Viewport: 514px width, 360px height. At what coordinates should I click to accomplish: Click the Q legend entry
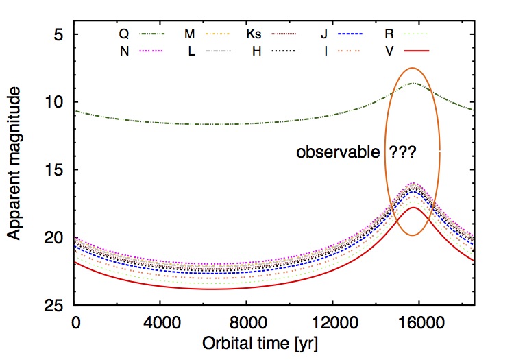pyautogui.click(x=142, y=34)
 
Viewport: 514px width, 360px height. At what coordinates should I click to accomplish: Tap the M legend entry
pyautogui.click(x=206, y=34)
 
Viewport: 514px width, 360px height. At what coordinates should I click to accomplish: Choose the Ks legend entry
pyautogui.click(x=271, y=34)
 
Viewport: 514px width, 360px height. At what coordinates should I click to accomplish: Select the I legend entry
pyautogui.click(x=342, y=51)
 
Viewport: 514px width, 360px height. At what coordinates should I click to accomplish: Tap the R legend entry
pyautogui.click(x=406, y=34)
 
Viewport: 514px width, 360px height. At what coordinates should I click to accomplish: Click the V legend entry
pyautogui.click(x=407, y=51)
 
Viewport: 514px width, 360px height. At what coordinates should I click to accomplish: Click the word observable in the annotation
pyautogui.click(x=338, y=152)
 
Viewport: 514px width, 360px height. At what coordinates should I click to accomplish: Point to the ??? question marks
pyautogui.click(x=402, y=152)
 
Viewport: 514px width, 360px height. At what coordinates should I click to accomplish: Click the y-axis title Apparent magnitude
pyautogui.click(x=14, y=163)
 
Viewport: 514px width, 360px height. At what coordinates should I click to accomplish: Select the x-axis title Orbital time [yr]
pyautogui.click(x=260, y=344)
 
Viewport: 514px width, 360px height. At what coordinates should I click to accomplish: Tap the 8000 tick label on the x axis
pyautogui.click(x=247, y=323)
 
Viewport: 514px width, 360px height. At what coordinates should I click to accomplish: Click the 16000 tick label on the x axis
pyautogui.click(x=421, y=323)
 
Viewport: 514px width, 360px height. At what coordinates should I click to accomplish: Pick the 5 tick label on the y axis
pyautogui.click(x=59, y=34)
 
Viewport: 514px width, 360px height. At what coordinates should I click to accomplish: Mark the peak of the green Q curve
pyautogui.click(x=413, y=83)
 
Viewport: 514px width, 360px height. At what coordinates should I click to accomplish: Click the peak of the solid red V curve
pyautogui.click(x=413, y=208)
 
